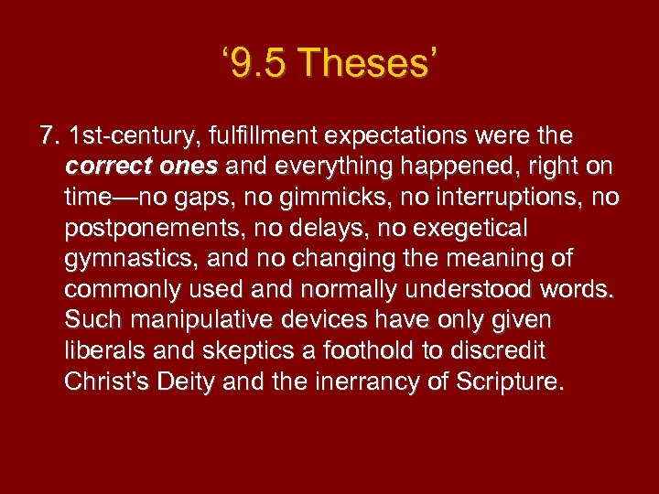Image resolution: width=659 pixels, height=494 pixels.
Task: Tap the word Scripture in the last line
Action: pyautogui.click(x=506, y=382)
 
